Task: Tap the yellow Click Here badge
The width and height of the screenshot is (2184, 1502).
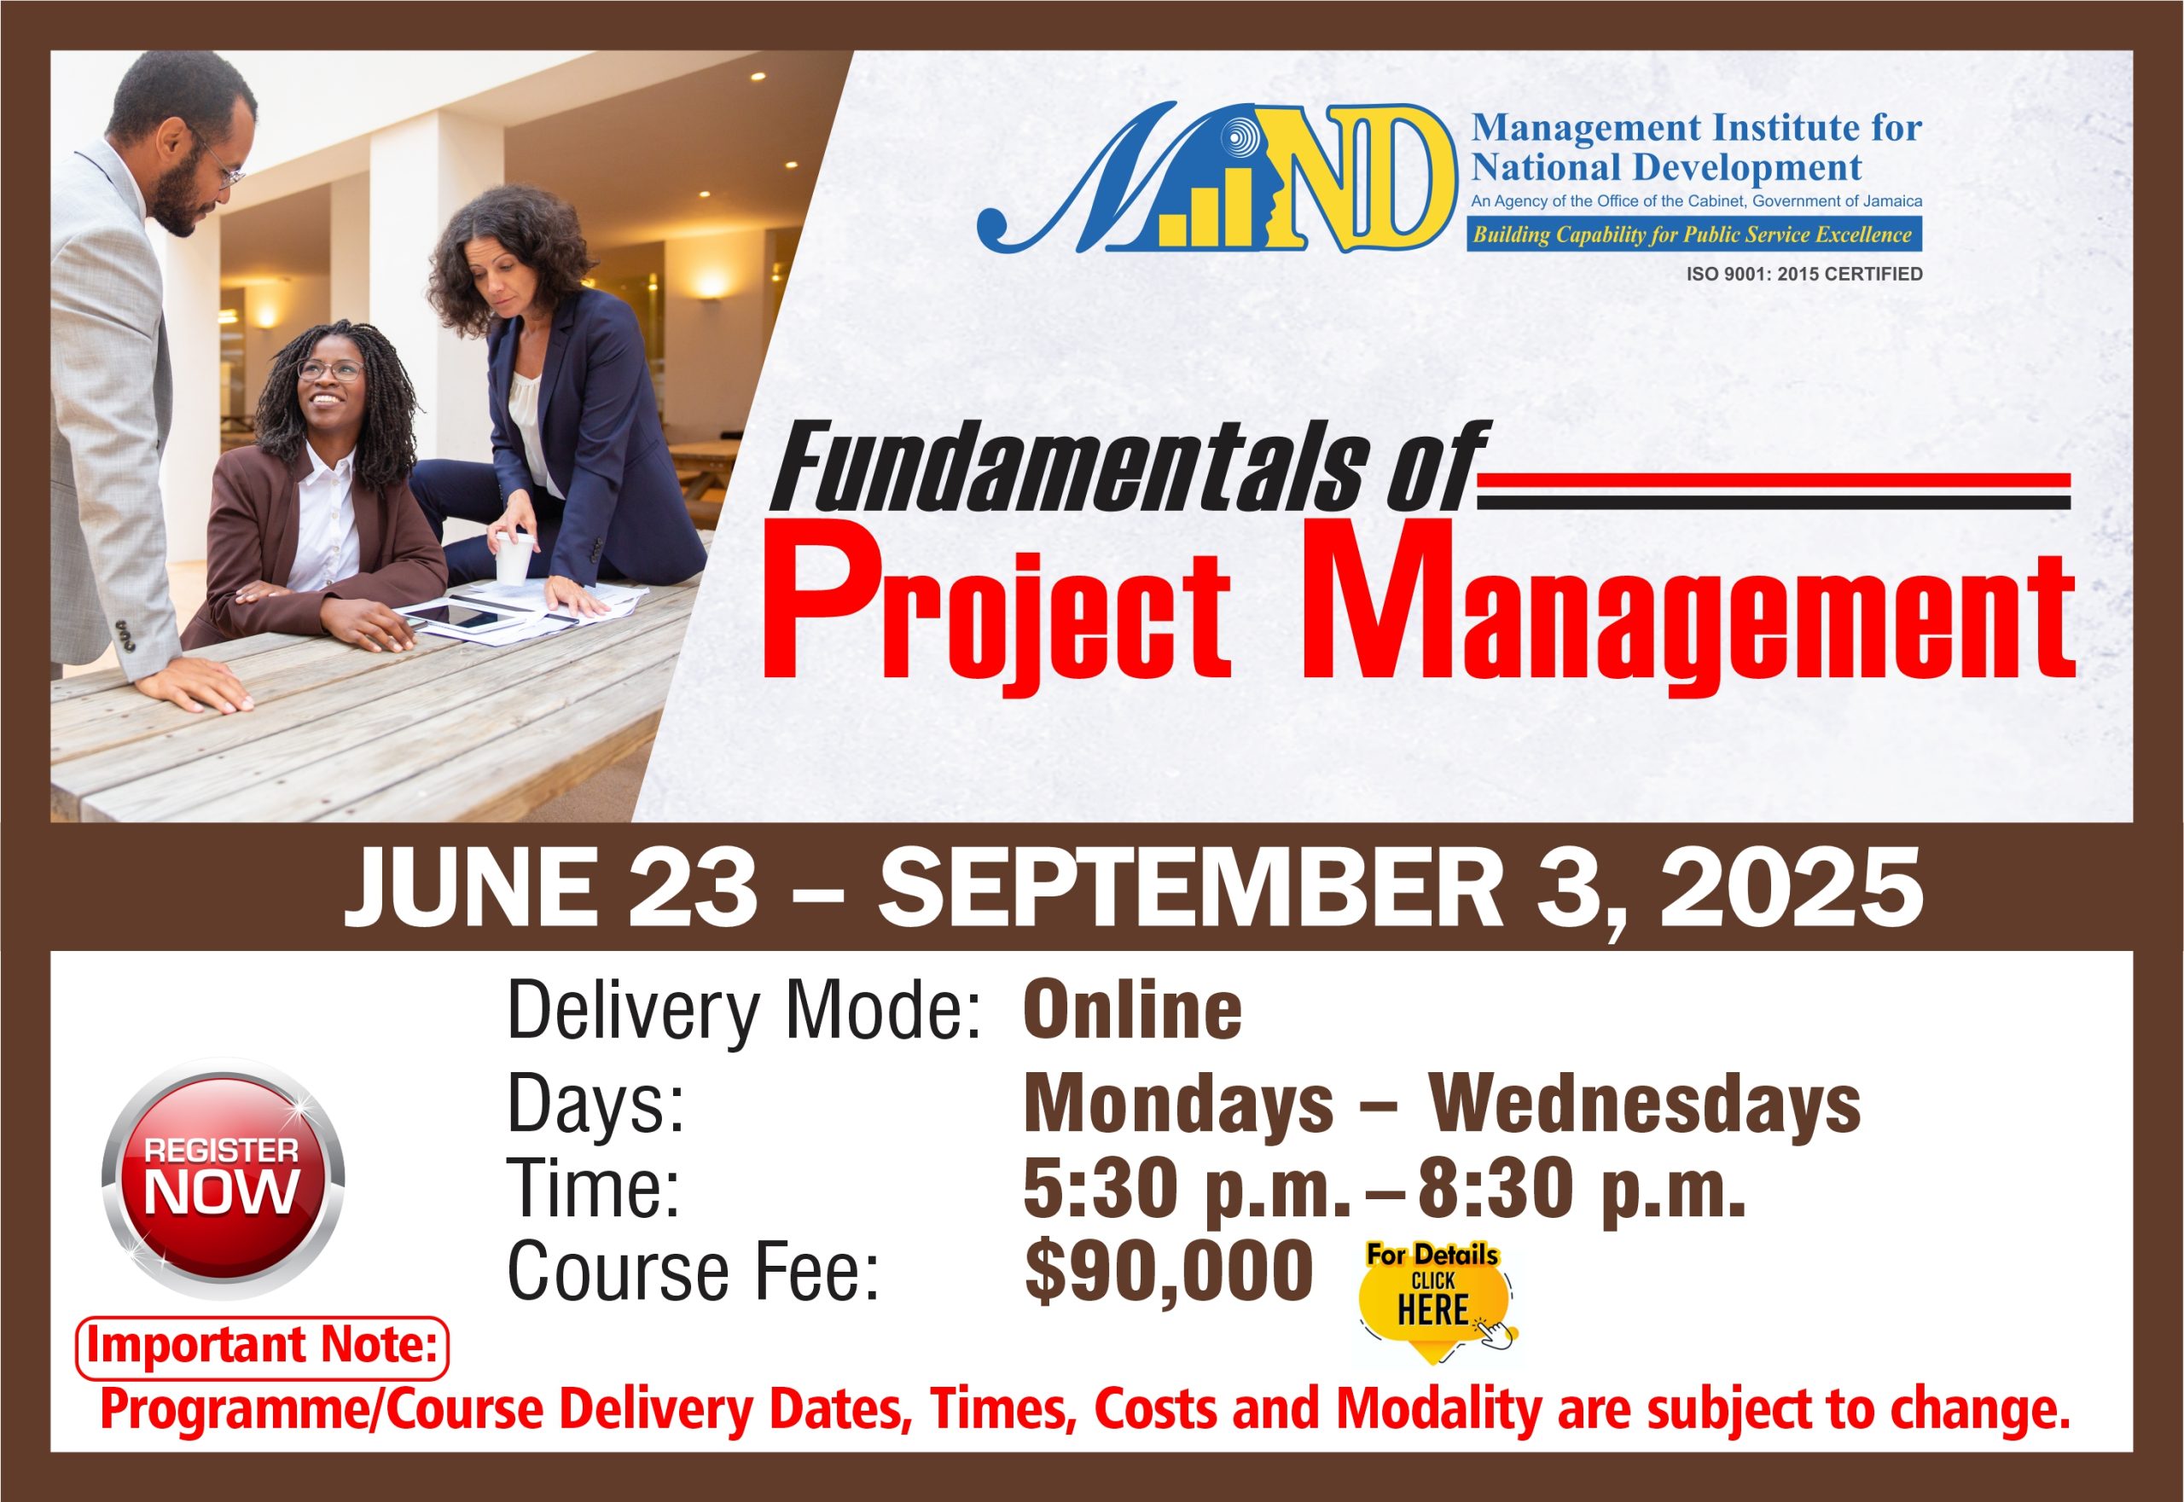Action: (x=1435, y=1302)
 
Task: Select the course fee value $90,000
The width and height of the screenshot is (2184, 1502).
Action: (x=1168, y=1273)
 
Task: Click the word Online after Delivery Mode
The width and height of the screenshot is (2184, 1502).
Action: (x=1132, y=1010)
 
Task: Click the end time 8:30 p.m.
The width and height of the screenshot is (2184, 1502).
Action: (x=1582, y=1189)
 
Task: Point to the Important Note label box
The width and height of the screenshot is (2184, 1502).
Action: (x=262, y=1347)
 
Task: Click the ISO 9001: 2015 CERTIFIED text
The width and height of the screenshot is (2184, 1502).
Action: (x=1804, y=274)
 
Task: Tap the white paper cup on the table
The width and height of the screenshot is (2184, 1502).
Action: (x=514, y=557)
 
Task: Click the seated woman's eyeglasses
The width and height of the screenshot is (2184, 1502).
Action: (x=329, y=370)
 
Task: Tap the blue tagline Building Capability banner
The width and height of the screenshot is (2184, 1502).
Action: (x=1693, y=235)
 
